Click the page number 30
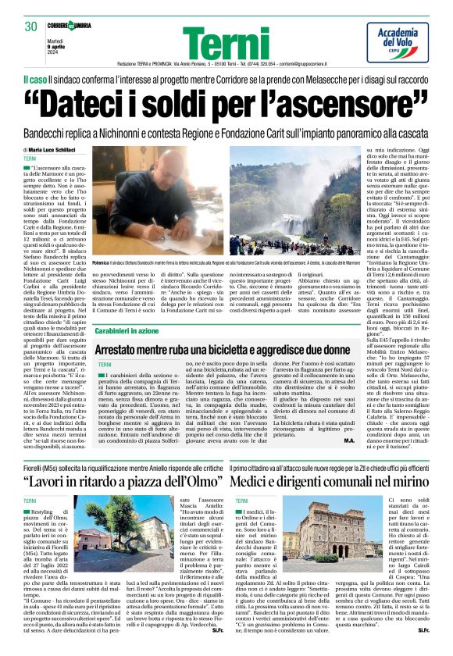click(30, 27)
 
